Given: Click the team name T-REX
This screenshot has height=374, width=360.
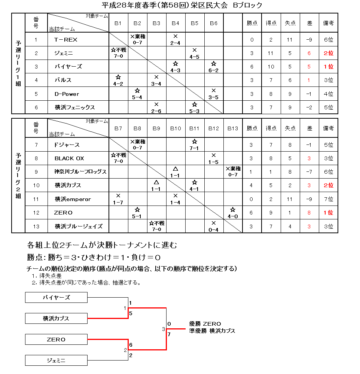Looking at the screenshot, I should [x=65, y=40].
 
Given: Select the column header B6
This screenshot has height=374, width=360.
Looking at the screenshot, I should [x=214, y=23].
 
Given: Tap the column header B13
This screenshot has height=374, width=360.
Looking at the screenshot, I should [x=232, y=128].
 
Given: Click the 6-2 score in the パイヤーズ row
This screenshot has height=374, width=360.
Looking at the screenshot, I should [x=214, y=70].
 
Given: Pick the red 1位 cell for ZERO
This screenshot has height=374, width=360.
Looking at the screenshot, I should [x=328, y=213].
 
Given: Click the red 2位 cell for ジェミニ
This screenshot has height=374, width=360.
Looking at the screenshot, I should [x=328, y=53].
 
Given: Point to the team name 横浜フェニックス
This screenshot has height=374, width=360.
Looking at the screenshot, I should [x=75, y=107].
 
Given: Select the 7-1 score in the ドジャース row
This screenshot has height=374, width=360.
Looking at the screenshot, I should [x=194, y=148].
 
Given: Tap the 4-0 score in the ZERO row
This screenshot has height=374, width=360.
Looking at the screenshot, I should [x=232, y=216].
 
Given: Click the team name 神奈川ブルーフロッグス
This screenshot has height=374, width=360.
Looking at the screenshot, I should [x=80, y=172].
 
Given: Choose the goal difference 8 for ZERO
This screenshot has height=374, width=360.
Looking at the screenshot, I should [x=309, y=213].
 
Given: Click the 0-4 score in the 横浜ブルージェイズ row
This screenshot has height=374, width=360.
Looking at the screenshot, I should [x=213, y=229].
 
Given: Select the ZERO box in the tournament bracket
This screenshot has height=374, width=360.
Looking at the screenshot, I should [x=56, y=340].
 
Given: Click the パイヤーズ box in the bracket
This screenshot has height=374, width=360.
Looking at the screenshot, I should [x=56, y=298].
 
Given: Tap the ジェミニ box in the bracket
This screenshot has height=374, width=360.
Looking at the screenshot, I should [x=56, y=361].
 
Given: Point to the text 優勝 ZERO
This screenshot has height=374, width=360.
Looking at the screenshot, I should [x=205, y=324].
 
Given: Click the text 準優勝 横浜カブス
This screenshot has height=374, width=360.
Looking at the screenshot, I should [x=212, y=331].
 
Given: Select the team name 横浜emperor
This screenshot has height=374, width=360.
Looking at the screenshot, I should [x=73, y=199].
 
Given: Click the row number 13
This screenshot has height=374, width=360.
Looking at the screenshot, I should [x=36, y=226].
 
